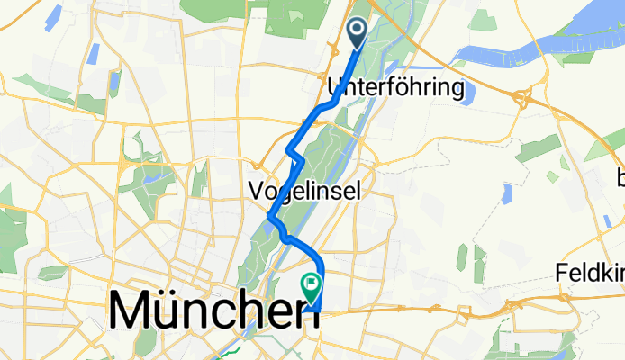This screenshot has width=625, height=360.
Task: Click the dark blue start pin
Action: point(357,34)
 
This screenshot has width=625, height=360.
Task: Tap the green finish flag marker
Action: point(312,287)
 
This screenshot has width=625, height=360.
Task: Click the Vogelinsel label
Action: point(303,191)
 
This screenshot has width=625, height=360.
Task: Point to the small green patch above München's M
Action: point(53,271)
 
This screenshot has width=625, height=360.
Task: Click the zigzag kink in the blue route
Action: point(295,155)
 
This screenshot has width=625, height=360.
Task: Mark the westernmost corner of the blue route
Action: point(270,216)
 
